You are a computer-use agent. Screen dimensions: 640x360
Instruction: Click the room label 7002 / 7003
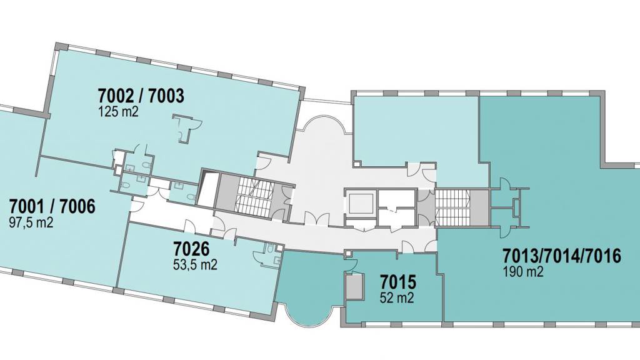click(141, 96)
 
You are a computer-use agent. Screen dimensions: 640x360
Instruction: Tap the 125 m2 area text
click(118, 111)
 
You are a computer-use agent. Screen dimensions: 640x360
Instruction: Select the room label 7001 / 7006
click(52, 206)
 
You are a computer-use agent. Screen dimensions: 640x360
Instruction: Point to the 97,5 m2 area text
click(31, 222)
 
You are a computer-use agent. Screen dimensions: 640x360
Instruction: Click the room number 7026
click(191, 249)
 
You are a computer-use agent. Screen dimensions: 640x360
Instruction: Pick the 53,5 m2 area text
click(195, 264)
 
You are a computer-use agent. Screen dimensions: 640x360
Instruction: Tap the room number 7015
click(397, 282)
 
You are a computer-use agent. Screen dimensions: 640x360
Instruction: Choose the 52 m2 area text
click(397, 297)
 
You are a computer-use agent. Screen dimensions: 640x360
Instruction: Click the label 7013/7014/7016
click(562, 256)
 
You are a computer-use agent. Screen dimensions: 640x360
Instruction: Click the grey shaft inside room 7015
click(354, 286)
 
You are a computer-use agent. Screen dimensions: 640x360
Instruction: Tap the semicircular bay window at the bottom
click(309, 315)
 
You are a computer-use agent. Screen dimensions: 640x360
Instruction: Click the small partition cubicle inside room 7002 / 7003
click(185, 127)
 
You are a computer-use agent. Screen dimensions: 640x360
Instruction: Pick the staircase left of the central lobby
click(256, 196)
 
